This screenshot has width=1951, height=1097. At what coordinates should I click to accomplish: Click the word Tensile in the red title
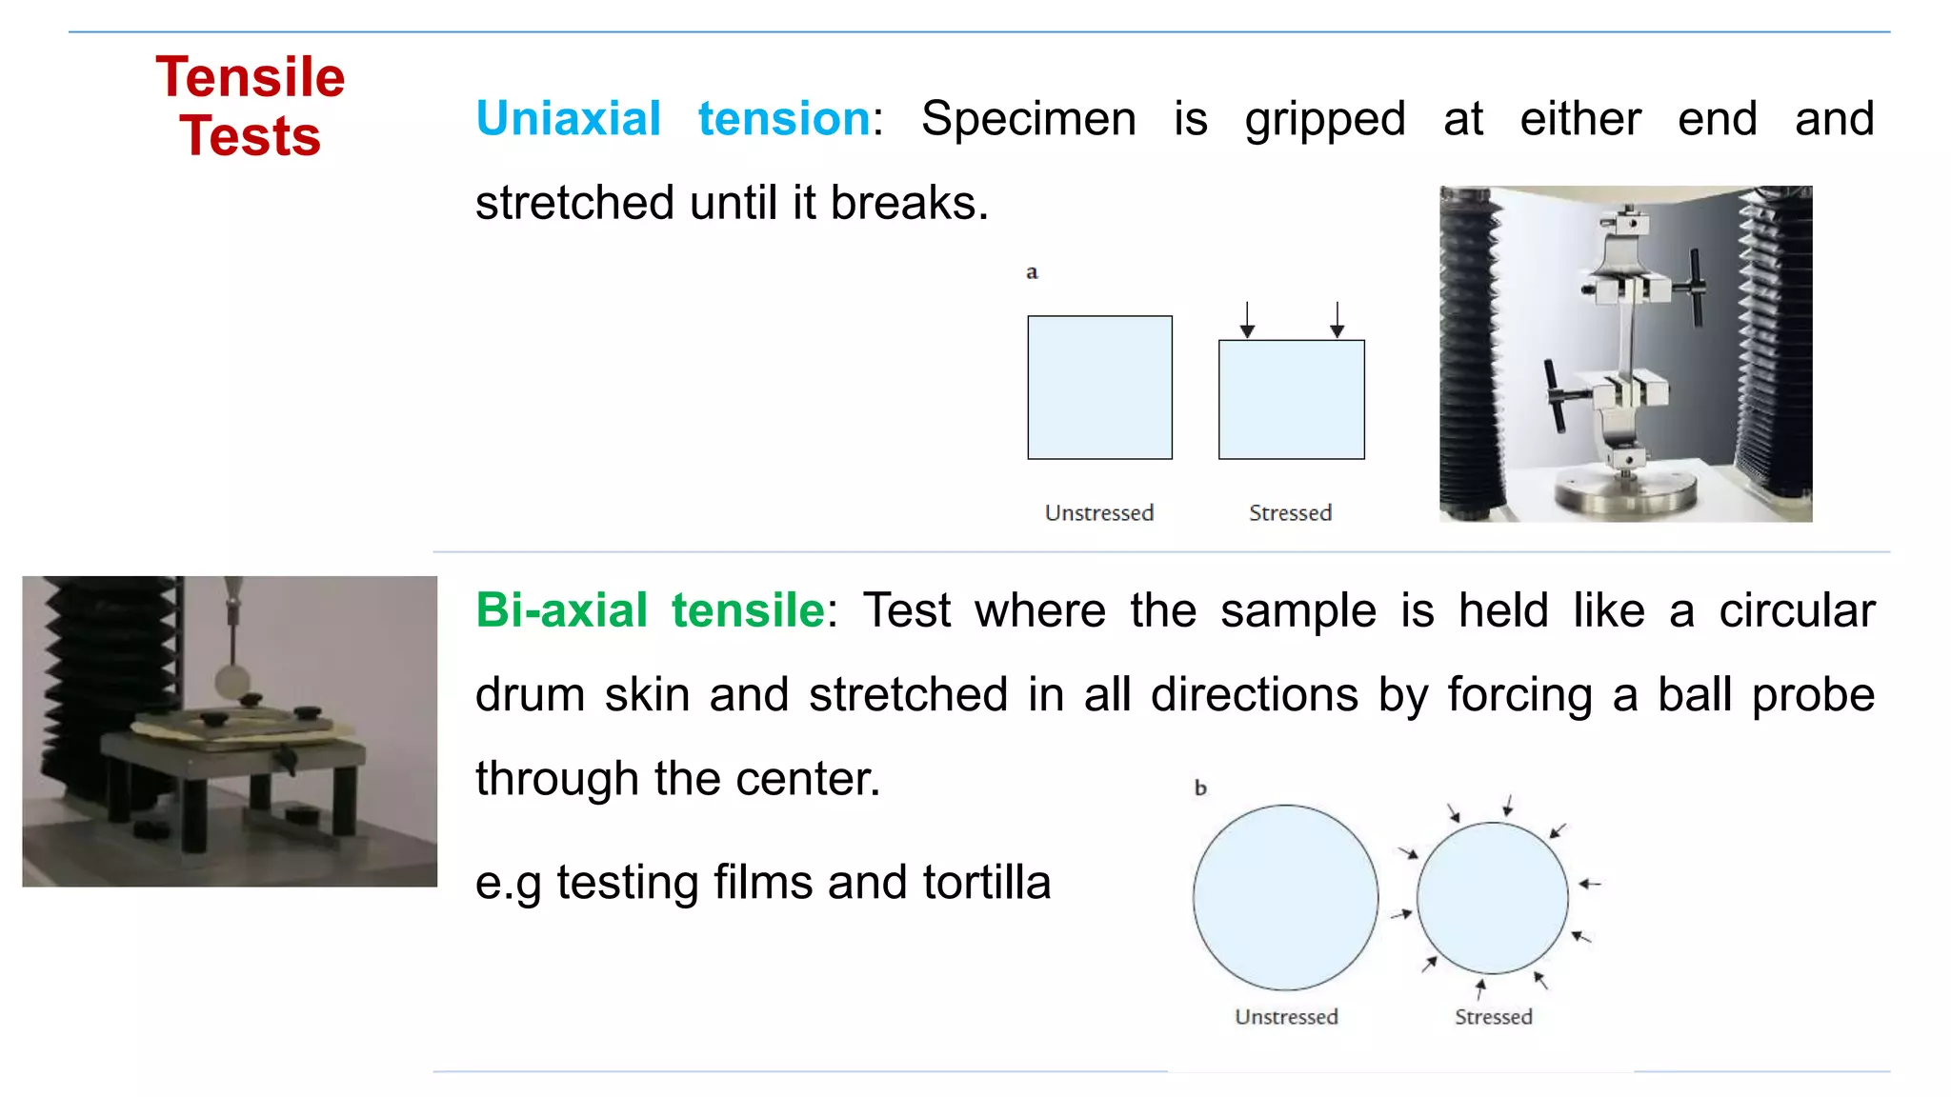pyautogui.click(x=250, y=77)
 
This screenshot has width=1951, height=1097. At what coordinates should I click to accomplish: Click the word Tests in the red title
pyautogui.click(x=250, y=136)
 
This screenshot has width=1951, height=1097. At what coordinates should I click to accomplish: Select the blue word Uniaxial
pyautogui.click(x=568, y=119)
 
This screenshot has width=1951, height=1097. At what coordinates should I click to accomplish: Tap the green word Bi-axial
pyautogui.click(x=561, y=610)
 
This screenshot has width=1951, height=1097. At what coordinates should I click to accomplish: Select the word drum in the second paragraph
pyautogui.click(x=529, y=694)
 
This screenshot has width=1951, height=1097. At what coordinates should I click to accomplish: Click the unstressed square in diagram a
pyautogui.click(x=1099, y=388)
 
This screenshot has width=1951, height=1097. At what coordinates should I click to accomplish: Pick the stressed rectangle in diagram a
pyautogui.click(x=1291, y=400)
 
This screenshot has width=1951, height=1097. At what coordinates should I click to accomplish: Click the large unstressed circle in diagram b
pyautogui.click(x=1285, y=897)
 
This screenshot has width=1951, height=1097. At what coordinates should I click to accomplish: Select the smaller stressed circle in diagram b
pyautogui.click(x=1492, y=898)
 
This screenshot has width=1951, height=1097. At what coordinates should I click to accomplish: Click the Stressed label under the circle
pyautogui.click(x=1493, y=1017)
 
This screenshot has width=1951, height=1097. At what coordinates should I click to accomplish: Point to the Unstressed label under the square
pyautogui.click(x=1098, y=513)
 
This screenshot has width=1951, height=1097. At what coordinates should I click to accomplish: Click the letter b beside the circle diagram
pyautogui.click(x=1200, y=788)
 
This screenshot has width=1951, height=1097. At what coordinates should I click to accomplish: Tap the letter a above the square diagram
pyautogui.click(x=1032, y=272)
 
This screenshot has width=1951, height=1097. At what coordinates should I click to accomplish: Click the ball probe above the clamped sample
pyautogui.click(x=231, y=681)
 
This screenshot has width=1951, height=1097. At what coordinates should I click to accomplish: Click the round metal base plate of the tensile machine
pyautogui.click(x=1625, y=492)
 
